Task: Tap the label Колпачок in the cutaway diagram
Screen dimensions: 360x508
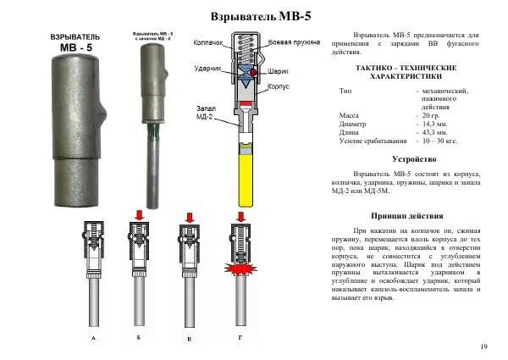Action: (208, 42)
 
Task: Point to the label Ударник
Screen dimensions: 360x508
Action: (207, 67)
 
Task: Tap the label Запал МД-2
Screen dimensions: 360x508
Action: (209, 114)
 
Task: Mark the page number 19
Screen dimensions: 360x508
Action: (483, 347)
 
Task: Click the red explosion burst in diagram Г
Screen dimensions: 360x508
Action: (242, 273)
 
